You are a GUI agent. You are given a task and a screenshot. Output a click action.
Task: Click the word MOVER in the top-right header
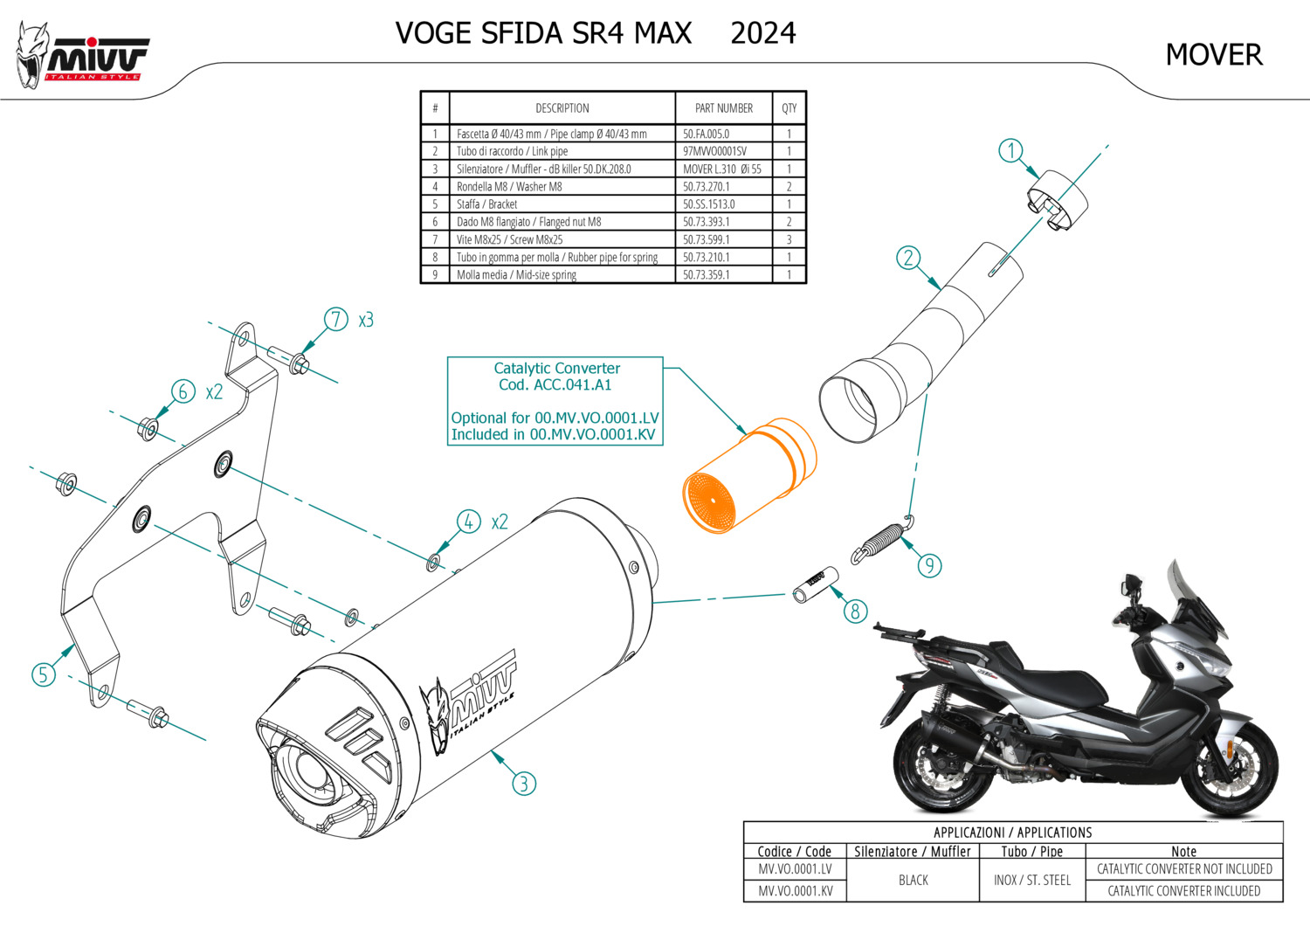(x=1213, y=55)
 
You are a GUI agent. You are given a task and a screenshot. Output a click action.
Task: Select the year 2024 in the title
(x=762, y=33)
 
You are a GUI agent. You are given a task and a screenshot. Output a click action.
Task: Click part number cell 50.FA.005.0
(x=706, y=134)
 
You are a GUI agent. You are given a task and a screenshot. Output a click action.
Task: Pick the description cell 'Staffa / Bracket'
(x=486, y=204)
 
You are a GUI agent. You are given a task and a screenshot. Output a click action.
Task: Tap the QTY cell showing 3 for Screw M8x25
(x=789, y=239)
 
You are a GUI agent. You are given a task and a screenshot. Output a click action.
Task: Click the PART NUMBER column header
(x=723, y=108)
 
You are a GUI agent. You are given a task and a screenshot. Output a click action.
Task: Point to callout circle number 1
(x=1010, y=150)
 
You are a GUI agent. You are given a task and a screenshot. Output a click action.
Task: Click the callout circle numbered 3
(x=523, y=784)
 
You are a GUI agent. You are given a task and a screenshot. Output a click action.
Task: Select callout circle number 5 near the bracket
(x=43, y=674)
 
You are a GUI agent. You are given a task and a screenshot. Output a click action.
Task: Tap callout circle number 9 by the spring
(x=929, y=565)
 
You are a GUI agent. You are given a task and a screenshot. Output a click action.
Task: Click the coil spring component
(x=880, y=541)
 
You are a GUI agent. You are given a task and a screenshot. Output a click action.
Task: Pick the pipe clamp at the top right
(x=1057, y=203)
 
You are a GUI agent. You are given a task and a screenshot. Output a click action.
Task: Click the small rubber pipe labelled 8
(x=816, y=584)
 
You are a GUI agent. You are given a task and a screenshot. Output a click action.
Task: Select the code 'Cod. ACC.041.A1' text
(x=555, y=385)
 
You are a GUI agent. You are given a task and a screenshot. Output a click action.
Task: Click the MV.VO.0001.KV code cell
(x=795, y=891)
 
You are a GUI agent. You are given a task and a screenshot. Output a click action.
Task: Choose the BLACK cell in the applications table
(x=913, y=880)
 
